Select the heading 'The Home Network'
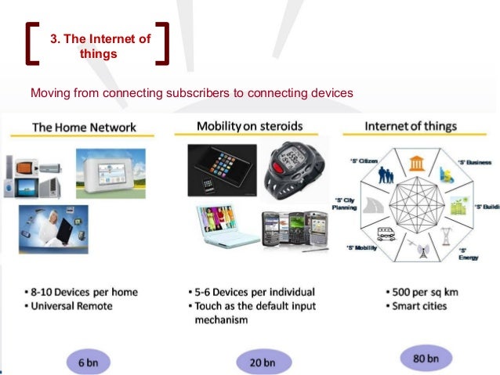coord(84,127)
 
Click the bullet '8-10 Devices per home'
coord(82,292)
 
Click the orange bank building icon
coord(415,164)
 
